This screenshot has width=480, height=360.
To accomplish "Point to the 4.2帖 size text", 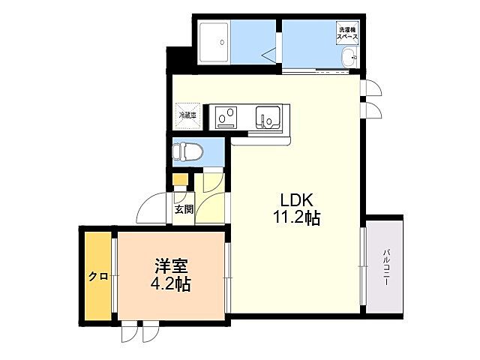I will [x=172, y=285].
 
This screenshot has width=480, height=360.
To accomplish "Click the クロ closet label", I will [x=97, y=276].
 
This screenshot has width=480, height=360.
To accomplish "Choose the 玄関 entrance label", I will [x=184, y=209].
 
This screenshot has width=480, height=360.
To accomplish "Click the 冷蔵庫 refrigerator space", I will [x=187, y=115].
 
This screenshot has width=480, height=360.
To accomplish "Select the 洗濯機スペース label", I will [x=346, y=33].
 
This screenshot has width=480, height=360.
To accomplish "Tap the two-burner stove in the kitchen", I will [x=226, y=116].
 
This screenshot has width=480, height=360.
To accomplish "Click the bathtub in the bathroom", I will [x=215, y=44].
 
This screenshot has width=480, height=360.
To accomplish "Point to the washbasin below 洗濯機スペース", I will [x=349, y=58].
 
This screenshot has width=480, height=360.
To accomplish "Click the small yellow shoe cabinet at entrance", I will [x=180, y=181].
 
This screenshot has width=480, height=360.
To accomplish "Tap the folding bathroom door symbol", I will [x=269, y=52].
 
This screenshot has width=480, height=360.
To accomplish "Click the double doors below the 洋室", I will [x=140, y=331].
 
